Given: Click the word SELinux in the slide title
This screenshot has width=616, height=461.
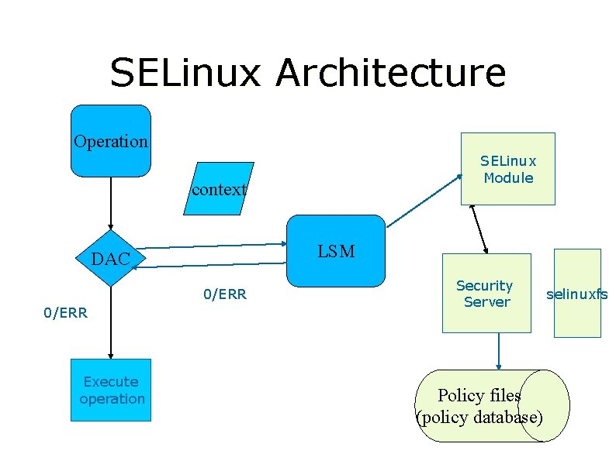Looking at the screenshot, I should click(x=186, y=73).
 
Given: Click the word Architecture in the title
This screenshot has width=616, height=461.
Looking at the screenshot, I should click(x=390, y=73).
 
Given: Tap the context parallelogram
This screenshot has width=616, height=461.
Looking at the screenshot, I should click(x=219, y=188).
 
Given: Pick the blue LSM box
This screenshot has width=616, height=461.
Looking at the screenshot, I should click(x=336, y=250).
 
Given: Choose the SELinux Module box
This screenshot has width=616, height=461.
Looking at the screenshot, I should click(x=508, y=169).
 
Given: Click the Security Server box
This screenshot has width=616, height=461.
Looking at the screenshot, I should click(x=486, y=294).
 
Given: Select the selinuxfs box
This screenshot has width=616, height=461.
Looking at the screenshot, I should click(x=577, y=294).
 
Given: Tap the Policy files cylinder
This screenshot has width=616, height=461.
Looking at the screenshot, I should click(x=492, y=406).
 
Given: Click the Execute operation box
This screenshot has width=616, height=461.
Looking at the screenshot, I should click(x=111, y=390).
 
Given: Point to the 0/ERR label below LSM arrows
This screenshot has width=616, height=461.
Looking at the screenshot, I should click(x=224, y=294).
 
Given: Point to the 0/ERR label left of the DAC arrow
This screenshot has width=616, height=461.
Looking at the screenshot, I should click(x=65, y=313).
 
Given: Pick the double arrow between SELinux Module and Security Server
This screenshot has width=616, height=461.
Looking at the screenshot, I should click(x=479, y=229).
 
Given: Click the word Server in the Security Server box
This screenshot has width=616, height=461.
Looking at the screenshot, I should click(x=486, y=302).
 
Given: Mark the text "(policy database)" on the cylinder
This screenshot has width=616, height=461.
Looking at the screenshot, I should click(x=480, y=418).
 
